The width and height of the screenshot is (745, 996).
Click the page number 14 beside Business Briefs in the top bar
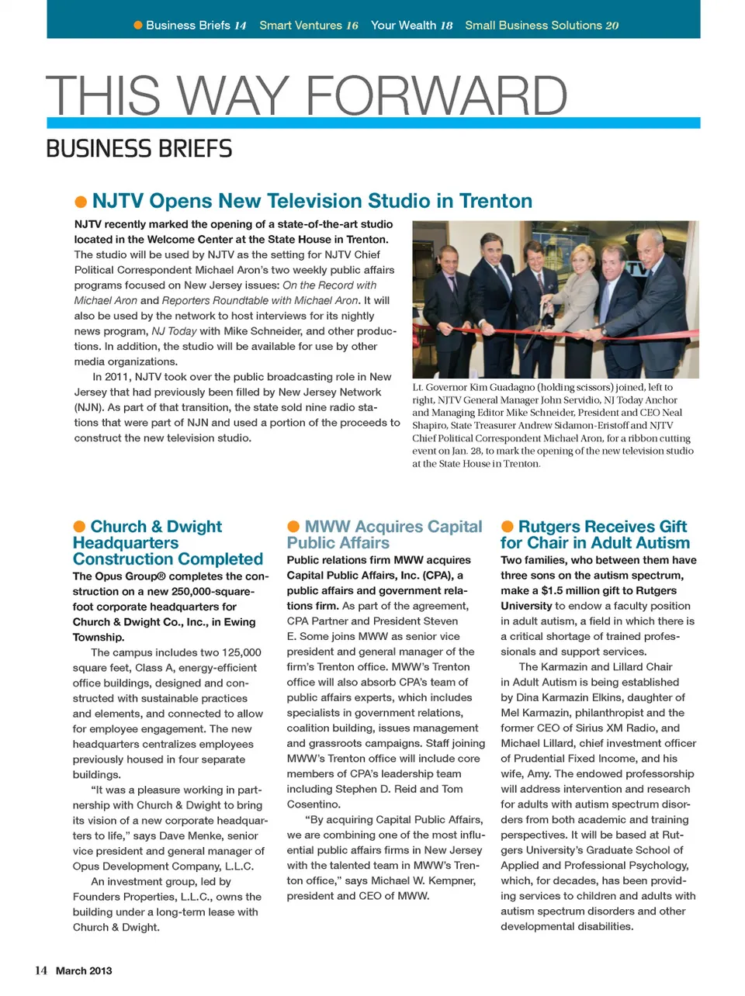[240, 26]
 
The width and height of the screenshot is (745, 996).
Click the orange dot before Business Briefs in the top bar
[138, 26]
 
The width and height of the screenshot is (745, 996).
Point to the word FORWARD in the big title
[437, 96]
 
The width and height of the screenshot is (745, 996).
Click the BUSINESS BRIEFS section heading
[139, 148]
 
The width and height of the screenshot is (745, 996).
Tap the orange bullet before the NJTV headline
[81, 202]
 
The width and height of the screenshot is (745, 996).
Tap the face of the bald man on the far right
[650, 250]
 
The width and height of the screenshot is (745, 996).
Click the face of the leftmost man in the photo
[449, 261]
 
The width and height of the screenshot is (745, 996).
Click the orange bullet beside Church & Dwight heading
[79, 527]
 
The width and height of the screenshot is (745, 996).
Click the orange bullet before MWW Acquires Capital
[293, 527]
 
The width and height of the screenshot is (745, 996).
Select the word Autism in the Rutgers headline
[660, 543]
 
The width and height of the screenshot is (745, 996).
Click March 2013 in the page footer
[84, 970]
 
